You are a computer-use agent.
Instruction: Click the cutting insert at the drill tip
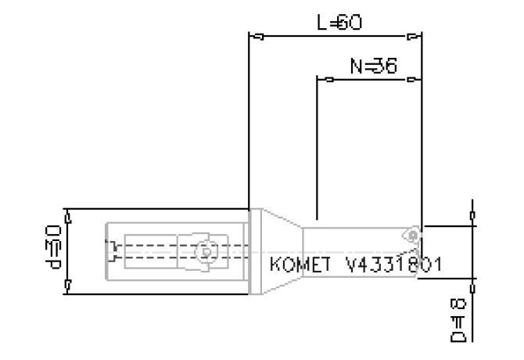click(412, 235)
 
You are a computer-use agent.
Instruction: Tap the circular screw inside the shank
click(206, 251)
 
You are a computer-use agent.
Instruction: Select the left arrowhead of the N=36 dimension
click(326, 79)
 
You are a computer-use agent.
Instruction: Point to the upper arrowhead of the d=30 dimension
click(68, 217)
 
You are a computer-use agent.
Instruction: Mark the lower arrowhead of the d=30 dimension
click(68, 286)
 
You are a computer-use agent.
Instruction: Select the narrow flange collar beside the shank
click(253, 251)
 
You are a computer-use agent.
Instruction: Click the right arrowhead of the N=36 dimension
click(411, 79)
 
